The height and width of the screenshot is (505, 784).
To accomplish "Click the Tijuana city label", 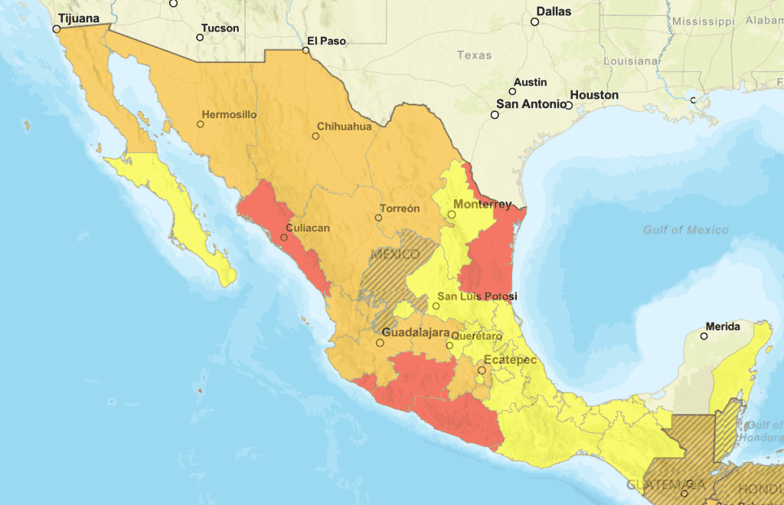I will pos(80,18).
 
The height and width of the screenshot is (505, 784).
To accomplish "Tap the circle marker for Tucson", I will pos(201,37).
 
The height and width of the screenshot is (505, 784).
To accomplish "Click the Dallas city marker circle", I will pos(535,22).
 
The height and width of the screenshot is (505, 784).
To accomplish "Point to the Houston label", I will pos(594,95).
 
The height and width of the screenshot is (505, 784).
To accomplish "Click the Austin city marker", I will pos(513,91).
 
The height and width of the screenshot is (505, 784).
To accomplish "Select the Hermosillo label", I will pos(229,115).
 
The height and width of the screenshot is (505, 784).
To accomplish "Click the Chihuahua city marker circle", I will pos(315,136).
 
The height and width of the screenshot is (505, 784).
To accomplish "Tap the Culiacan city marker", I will pos(284,237).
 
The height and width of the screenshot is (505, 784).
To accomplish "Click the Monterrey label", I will pos(482,205).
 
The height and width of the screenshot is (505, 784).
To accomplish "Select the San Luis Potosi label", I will pos(477,297).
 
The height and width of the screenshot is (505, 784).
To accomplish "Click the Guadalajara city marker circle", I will pos(380,343).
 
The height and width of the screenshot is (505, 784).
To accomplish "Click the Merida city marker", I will pos(703,336).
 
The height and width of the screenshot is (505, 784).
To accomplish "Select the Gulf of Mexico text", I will pos(685,230).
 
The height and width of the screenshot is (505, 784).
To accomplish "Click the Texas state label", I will pos(474,55).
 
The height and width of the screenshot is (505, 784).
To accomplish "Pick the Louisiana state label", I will pos(631,61).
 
